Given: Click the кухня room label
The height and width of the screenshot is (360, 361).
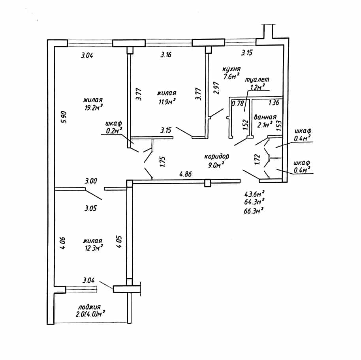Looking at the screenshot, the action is [231, 69].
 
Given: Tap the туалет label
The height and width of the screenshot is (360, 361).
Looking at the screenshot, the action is [257, 80].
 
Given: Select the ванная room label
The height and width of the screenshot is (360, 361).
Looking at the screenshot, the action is [265, 117].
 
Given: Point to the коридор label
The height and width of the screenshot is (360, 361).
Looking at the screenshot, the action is [217, 156].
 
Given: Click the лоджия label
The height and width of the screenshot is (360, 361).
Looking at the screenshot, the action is [89, 307].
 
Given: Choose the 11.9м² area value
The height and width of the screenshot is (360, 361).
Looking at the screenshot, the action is [167, 101].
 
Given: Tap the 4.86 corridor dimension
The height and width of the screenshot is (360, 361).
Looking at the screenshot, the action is [185, 174].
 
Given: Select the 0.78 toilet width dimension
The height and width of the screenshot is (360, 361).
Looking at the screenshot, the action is [238, 103].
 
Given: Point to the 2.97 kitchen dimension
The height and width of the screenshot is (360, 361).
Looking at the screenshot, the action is [216, 88].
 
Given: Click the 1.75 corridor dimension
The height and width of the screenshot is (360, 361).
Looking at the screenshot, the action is [163, 162].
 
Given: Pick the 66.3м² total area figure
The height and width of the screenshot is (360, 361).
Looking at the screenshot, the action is [254, 211].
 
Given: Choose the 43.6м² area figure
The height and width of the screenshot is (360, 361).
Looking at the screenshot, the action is [254, 194].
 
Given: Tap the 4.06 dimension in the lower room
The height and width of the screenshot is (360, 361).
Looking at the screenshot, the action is [63, 243].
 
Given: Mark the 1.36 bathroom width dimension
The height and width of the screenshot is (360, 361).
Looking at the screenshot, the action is [274, 102].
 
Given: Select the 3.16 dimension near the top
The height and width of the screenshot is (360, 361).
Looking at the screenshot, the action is [166, 55].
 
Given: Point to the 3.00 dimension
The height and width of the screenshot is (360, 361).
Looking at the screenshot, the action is [91, 181].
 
